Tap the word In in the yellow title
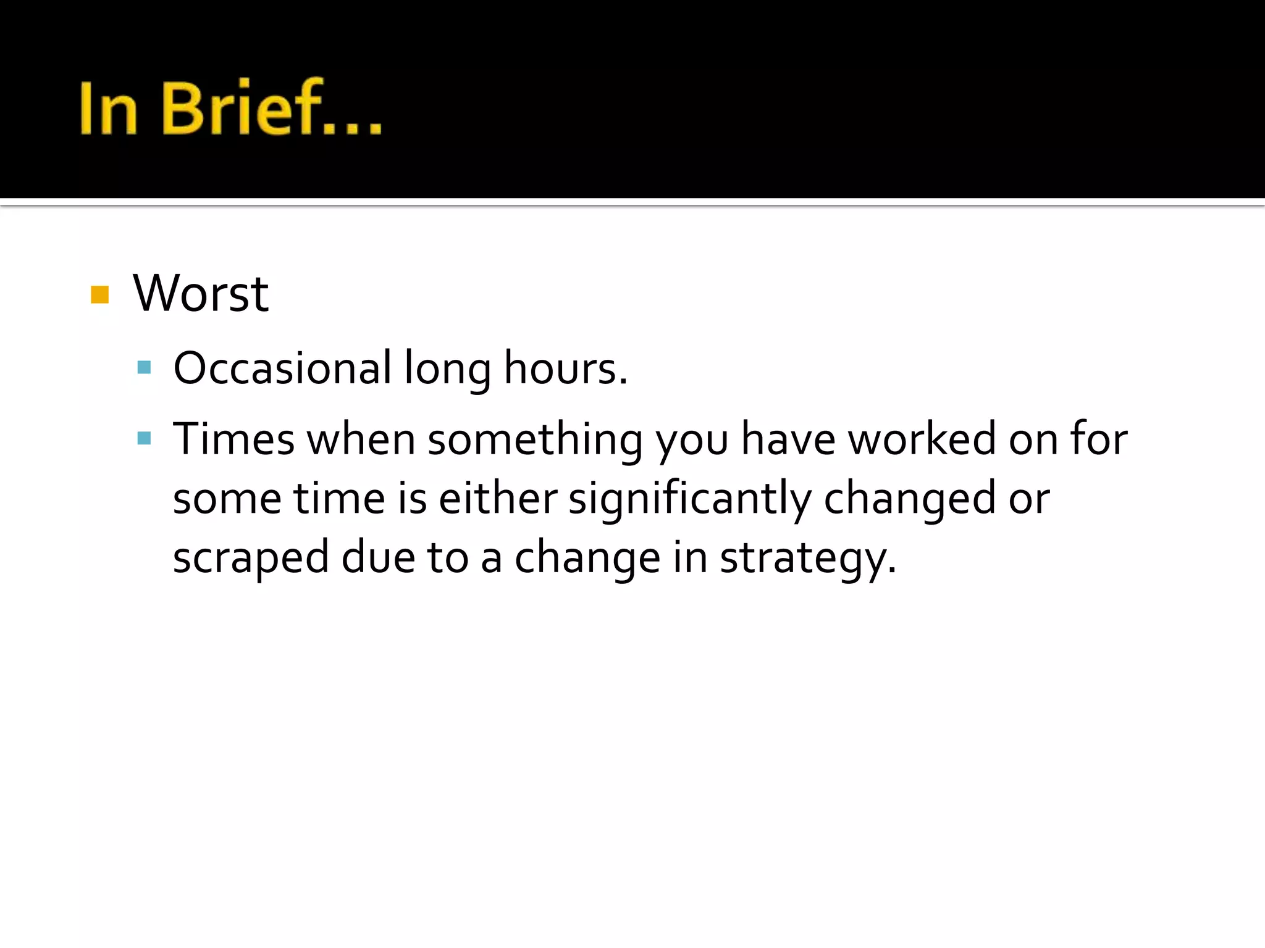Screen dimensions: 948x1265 point(108,108)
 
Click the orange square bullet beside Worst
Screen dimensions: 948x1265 point(99,294)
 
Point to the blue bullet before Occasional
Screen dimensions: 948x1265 point(145,368)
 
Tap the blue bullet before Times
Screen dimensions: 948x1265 point(145,439)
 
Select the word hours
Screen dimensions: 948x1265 point(565,368)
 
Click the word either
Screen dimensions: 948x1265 point(497,498)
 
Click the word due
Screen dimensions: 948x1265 point(378,557)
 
